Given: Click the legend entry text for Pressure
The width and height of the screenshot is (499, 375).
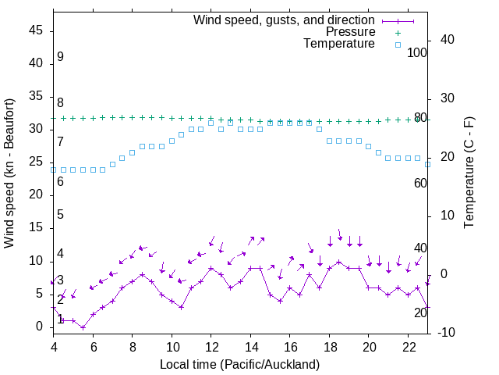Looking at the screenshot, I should [x=350, y=32].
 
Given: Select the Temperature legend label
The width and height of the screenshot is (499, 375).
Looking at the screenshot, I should [x=339, y=44].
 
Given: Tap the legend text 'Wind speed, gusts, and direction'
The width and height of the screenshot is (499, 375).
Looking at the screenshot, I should [x=284, y=20].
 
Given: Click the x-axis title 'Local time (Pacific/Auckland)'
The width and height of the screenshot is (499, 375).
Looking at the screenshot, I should [x=239, y=364].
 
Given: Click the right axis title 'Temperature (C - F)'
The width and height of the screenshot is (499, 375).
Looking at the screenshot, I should [x=469, y=173].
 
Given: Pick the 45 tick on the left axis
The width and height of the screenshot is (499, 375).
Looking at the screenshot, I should [x=36, y=31].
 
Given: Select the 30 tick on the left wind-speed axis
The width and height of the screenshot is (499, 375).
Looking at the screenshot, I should [x=36, y=130].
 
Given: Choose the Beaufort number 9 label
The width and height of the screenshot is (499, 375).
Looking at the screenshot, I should [x=60, y=57].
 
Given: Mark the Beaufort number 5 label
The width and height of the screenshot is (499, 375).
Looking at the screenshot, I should [x=60, y=215].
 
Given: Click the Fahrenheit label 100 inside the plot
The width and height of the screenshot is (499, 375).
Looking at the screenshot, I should [x=418, y=52].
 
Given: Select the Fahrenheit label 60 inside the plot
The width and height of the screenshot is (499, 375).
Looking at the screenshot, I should [x=420, y=183].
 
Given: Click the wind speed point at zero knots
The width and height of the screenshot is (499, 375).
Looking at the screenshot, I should [x=83, y=327].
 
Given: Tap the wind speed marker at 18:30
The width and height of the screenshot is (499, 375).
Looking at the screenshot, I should [x=339, y=262].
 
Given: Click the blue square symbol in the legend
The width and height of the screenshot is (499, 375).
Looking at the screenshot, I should [x=398, y=45].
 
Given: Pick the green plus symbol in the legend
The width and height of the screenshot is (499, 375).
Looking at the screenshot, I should [x=398, y=33].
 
